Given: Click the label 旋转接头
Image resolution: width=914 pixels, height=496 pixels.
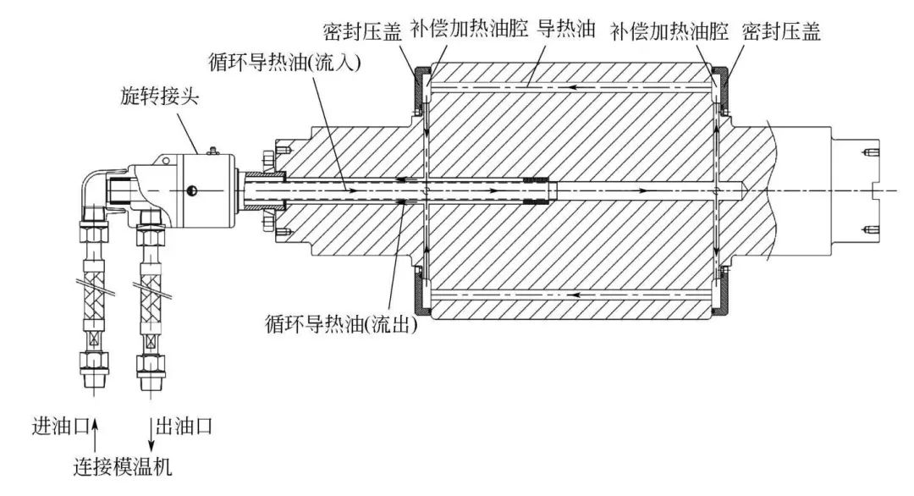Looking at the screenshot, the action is pyautogui.click(x=159, y=96).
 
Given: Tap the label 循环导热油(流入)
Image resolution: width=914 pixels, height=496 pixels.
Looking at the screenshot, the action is pyautogui.click(x=285, y=62).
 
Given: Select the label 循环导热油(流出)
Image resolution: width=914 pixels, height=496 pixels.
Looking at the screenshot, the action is pyautogui.click(x=341, y=324).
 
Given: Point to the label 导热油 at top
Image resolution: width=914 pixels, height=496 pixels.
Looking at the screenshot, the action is pyautogui.click(x=565, y=29).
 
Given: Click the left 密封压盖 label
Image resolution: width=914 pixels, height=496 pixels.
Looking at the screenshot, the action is pyautogui.click(x=362, y=31).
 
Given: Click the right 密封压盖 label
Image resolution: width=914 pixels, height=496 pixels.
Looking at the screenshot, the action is pyautogui.click(x=781, y=31).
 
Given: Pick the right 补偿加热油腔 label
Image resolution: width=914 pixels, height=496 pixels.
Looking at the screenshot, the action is pyautogui.click(x=669, y=31).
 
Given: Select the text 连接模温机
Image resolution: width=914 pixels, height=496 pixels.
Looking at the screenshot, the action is pyautogui.click(x=123, y=467).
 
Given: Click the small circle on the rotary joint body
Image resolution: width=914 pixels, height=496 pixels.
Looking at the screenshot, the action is pyautogui.click(x=190, y=190).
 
